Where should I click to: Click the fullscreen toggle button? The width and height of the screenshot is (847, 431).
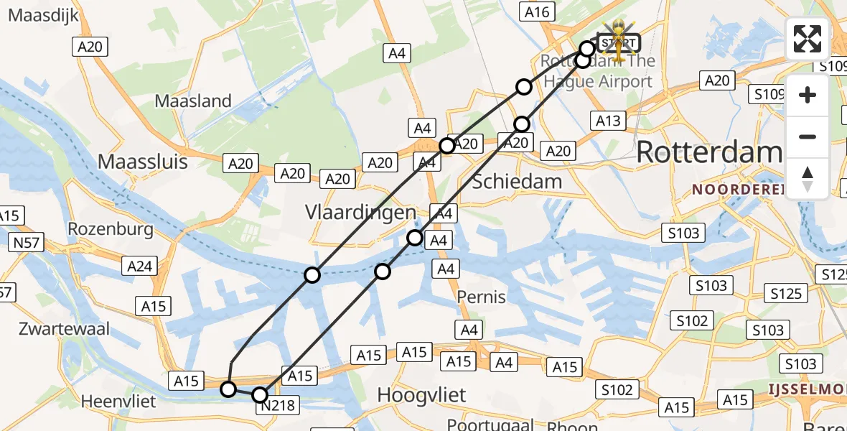(x=808, y=39)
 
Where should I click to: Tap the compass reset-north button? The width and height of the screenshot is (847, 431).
(x=808, y=179)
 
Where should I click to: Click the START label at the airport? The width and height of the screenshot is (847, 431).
(x=618, y=43)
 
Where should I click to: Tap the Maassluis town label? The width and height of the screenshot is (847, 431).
(x=142, y=162)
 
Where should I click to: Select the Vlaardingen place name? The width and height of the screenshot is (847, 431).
(x=360, y=213)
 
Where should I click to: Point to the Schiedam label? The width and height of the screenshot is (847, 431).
(x=517, y=181)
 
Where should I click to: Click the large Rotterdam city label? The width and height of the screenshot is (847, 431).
(x=708, y=152)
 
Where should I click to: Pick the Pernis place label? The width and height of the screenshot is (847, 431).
(x=482, y=297)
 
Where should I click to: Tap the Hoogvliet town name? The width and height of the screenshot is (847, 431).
(x=421, y=394)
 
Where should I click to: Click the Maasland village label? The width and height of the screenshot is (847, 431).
(x=193, y=101)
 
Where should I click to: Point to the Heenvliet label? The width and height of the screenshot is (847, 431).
(x=118, y=401)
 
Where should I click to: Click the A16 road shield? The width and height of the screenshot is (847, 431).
(x=536, y=11)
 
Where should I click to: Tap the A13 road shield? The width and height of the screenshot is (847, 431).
(x=608, y=121)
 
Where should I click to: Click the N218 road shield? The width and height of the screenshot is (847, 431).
(x=277, y=406)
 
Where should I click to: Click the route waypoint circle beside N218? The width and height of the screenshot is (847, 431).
(x=260, y=394)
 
